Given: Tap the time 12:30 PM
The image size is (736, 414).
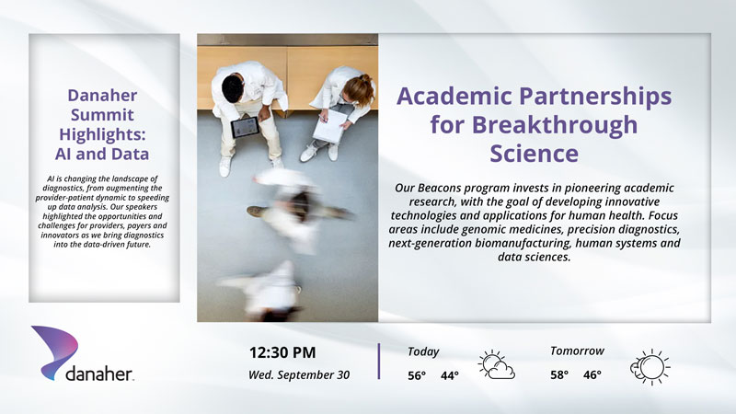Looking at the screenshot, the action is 282,352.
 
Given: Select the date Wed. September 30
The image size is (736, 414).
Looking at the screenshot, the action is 299,375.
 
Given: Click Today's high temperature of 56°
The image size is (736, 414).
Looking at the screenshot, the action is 417,375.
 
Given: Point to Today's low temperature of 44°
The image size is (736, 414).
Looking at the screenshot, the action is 450,375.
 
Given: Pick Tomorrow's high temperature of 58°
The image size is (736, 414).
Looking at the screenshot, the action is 559,375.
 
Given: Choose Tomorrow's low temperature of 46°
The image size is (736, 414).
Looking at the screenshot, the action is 592,375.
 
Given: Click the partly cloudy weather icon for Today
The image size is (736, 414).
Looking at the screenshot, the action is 497,364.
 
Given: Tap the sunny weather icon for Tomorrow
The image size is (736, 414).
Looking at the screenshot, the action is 650,367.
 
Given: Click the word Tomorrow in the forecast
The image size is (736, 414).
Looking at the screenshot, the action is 578,351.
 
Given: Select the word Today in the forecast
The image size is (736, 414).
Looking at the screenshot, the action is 423,352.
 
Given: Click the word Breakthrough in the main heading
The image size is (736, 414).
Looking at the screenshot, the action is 555,125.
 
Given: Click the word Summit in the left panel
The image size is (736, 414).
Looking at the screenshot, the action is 102,114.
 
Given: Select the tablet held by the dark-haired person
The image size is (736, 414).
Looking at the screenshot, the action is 245,127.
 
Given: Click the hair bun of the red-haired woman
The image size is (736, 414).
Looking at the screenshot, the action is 365,78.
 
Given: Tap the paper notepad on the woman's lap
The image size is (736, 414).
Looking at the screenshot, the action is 330,126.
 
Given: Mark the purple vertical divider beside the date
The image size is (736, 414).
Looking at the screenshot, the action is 379,361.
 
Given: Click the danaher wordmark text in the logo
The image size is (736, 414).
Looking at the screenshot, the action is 99,374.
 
